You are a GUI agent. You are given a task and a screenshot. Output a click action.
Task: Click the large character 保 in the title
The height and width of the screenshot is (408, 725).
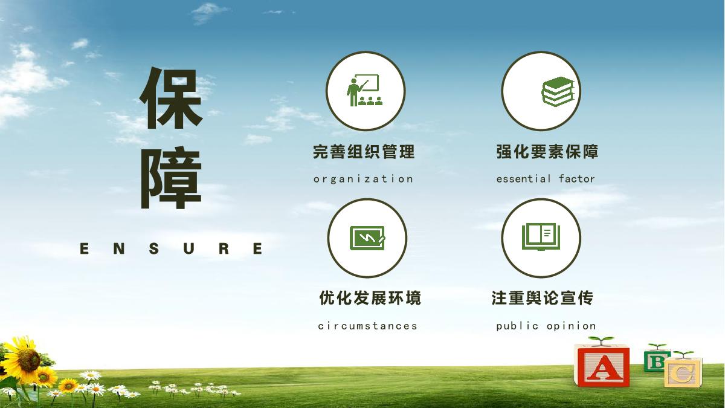coord(171,98)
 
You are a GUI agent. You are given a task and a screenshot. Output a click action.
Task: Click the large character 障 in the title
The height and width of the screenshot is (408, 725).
coord(171,178)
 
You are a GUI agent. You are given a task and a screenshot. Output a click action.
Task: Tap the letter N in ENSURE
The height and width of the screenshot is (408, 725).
coord(119,248)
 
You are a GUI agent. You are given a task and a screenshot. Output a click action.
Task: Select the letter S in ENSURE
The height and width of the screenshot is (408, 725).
coord(154,248)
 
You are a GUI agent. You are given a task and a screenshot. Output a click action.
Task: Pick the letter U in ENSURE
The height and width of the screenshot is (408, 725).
coord(188,248)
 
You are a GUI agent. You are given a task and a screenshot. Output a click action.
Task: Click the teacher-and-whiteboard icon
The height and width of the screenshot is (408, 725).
coord(365,90)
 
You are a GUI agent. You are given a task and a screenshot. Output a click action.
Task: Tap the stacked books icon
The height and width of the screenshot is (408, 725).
coord(557,92)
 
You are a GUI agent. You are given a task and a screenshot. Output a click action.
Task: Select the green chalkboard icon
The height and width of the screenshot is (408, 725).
coord(368,238)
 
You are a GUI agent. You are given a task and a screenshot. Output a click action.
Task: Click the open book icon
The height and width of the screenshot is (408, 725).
coord(541,236)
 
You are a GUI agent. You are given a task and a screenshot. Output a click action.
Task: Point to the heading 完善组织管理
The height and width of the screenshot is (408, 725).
coord(364,152)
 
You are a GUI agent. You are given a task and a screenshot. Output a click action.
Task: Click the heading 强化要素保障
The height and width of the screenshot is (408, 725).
coord(547,152)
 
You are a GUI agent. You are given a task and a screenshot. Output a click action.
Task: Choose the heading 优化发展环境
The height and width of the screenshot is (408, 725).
coord(370,298)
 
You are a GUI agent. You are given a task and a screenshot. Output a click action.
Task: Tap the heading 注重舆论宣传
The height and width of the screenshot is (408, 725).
coord(543,298)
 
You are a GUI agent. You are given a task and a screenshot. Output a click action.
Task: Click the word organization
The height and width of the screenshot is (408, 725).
coord(363,179)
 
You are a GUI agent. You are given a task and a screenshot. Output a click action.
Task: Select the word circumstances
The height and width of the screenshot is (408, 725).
coord(368,326)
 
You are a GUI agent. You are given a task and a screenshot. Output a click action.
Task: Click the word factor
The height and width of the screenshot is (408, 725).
coord(577,178)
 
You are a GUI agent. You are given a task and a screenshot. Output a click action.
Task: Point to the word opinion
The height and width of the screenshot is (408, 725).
coord(572,326)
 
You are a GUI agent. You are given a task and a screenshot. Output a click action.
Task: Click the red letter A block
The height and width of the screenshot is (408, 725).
coord(602,366)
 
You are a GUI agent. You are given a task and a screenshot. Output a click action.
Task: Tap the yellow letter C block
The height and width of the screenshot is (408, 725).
coord(683,372)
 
